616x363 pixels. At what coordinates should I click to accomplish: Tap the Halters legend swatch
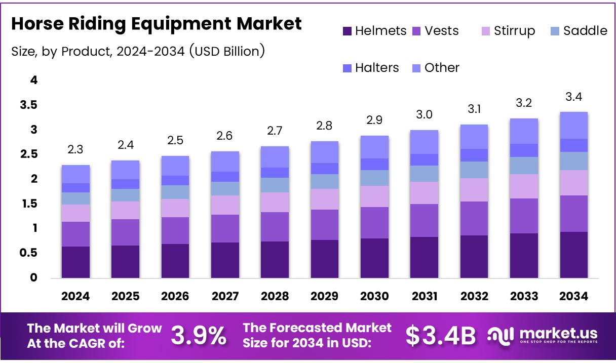[348, 68]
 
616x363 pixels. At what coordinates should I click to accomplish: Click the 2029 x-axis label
[324, 297]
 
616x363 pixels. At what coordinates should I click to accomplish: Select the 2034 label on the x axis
[574, 297]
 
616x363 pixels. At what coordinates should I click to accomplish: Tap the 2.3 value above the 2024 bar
[75, 149]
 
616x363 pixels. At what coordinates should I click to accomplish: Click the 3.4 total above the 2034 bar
[574, 97]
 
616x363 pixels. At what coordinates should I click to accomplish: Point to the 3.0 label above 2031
[424, 115]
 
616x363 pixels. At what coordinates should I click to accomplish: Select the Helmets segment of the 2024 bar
[75, 262]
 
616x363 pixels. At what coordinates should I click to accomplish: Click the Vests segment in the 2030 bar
[374, 223]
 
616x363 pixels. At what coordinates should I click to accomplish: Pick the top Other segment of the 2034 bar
[574, 125]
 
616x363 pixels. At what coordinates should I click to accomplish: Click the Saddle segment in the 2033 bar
[524, 166]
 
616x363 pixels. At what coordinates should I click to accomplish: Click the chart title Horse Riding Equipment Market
[157, 23]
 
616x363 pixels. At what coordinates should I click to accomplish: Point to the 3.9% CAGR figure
[198, 335]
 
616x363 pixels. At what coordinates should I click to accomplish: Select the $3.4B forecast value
[441, 335]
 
